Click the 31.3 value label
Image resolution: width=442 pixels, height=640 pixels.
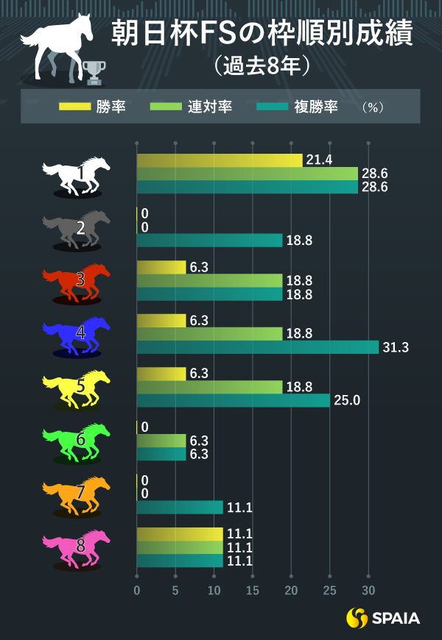(x=396, y=347)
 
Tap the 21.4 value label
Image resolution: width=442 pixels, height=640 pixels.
(x=318, y=160)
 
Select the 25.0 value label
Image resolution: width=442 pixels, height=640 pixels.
(x=346, y=401)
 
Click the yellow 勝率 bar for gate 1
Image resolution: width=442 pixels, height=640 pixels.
(x=220, y=160)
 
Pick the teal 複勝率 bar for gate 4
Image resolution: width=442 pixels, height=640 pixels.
(x=258, y=347)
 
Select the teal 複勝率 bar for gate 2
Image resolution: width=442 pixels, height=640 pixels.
(x=210, y=241)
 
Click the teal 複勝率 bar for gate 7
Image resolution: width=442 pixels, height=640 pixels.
(x=180, y=508)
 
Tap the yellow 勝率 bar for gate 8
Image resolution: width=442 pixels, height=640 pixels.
(x=180, y=534)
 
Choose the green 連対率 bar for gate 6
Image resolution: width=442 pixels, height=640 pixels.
(x=161, y=441)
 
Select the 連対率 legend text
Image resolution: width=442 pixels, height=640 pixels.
(x=209, y=107)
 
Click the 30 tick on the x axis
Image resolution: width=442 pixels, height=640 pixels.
(x=368, y=591)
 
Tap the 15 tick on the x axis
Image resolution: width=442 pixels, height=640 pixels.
(x=253, y=591)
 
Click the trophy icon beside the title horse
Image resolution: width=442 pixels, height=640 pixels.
(x=94, y=71)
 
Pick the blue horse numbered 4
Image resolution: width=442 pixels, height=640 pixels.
(x=77, y=335)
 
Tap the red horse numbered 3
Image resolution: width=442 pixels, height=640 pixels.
(x=77, y=281)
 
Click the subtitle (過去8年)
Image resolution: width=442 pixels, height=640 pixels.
(x=262, y=66)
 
